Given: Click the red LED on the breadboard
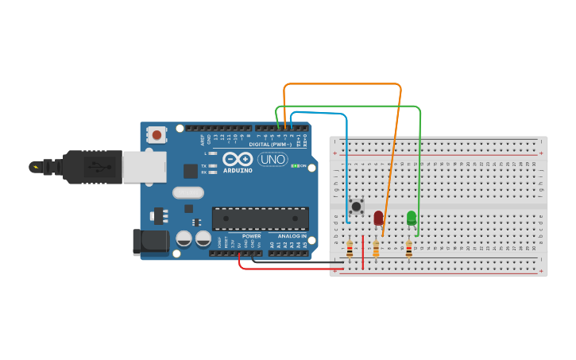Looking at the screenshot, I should (x=378, y=217).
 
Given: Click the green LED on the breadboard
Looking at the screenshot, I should (x=412, y=217).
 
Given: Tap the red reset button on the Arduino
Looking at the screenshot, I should (x=157, y=135).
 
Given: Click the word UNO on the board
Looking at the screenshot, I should (x=273, y=159).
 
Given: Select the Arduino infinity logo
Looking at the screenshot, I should (x=237, y=159).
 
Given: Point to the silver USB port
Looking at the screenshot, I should (x=143, y=166).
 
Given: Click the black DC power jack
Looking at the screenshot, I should (x=150, y=242).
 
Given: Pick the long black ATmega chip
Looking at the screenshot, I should (x=261, y=219).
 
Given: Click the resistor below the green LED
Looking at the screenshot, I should (x=409, y=250).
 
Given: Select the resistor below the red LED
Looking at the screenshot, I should (x=376, y=250).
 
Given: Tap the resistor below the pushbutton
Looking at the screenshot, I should (x=349, y=250).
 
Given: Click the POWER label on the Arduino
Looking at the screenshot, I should (x=251, y=236).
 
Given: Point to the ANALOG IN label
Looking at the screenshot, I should (x=291, y=236).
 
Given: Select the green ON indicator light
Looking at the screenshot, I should (x=294, y=165).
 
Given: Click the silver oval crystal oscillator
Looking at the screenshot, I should (x=188, y=192).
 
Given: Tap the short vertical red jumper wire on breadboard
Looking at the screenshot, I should (x=362, y=253).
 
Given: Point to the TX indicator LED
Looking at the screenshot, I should (x=212, y=166).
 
